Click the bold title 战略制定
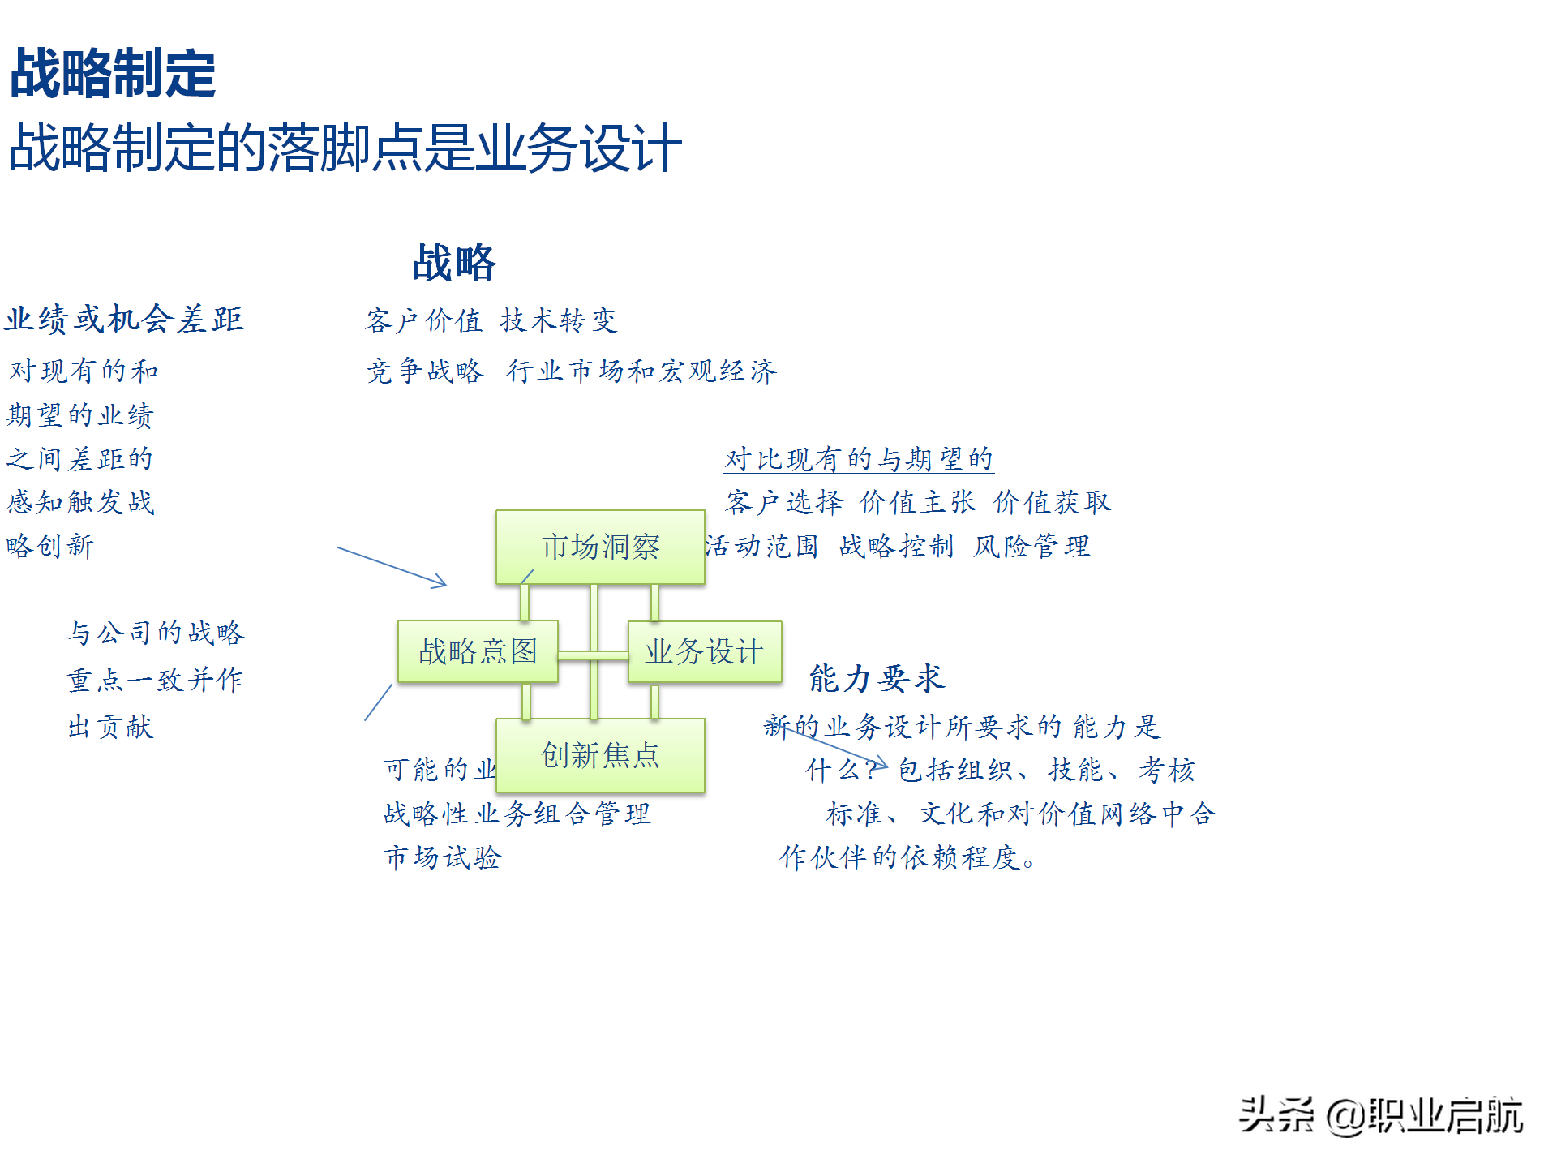click(x=113, y=73)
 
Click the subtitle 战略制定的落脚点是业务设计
click(x=345, y=148)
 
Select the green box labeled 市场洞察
click(x=600, y=547)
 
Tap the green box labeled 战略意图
click(x=478, y=651)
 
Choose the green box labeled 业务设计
click(x=704, y=651)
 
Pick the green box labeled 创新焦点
click(x=600, y=755)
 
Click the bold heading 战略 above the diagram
click(x=453, y=262)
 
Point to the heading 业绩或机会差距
click(x=125, y=319)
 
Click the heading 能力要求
click(x=877, y=678)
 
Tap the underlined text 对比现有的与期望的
click(x=859, y=459)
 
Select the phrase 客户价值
click(x=423, y=321)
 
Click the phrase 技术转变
click(x=559, y=321)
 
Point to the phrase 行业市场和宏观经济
click(x=641, y=371)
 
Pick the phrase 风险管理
click(x=1032, y=547)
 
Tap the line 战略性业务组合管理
click(x=517, y=814)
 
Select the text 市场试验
click(x=443, y=857)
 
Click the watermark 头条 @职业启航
click(x=1380, y=1115)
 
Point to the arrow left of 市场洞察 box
click(x=392, y=566)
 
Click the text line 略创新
click(x=50, y=546)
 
